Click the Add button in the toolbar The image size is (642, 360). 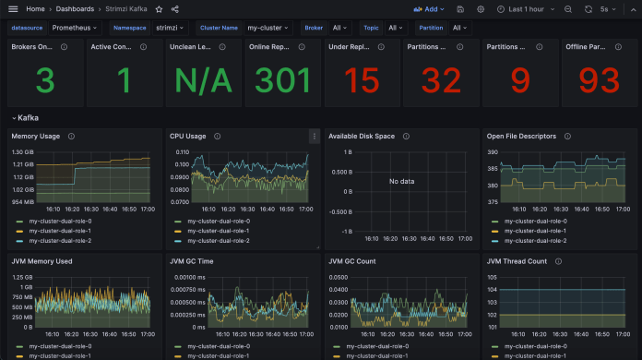tap(430, 8)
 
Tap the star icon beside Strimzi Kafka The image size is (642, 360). tap(159, 8)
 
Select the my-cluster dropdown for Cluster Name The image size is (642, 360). tap(268, 28)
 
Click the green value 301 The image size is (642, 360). tap(283, 81)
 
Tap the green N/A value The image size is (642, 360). tap(204, 81)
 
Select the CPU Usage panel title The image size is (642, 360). tap(189, 136)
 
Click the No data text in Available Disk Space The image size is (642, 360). tap(401, 181)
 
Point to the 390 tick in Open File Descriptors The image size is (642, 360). tap(492, 151)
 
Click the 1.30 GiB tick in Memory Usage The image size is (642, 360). tap(22, 151)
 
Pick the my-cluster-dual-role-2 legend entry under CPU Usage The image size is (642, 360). tap(217, 240)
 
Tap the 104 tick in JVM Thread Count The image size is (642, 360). tap(492, 289)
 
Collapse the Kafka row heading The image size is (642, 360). tap(24, 118)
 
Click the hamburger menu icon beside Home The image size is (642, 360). tap(13, 8)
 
